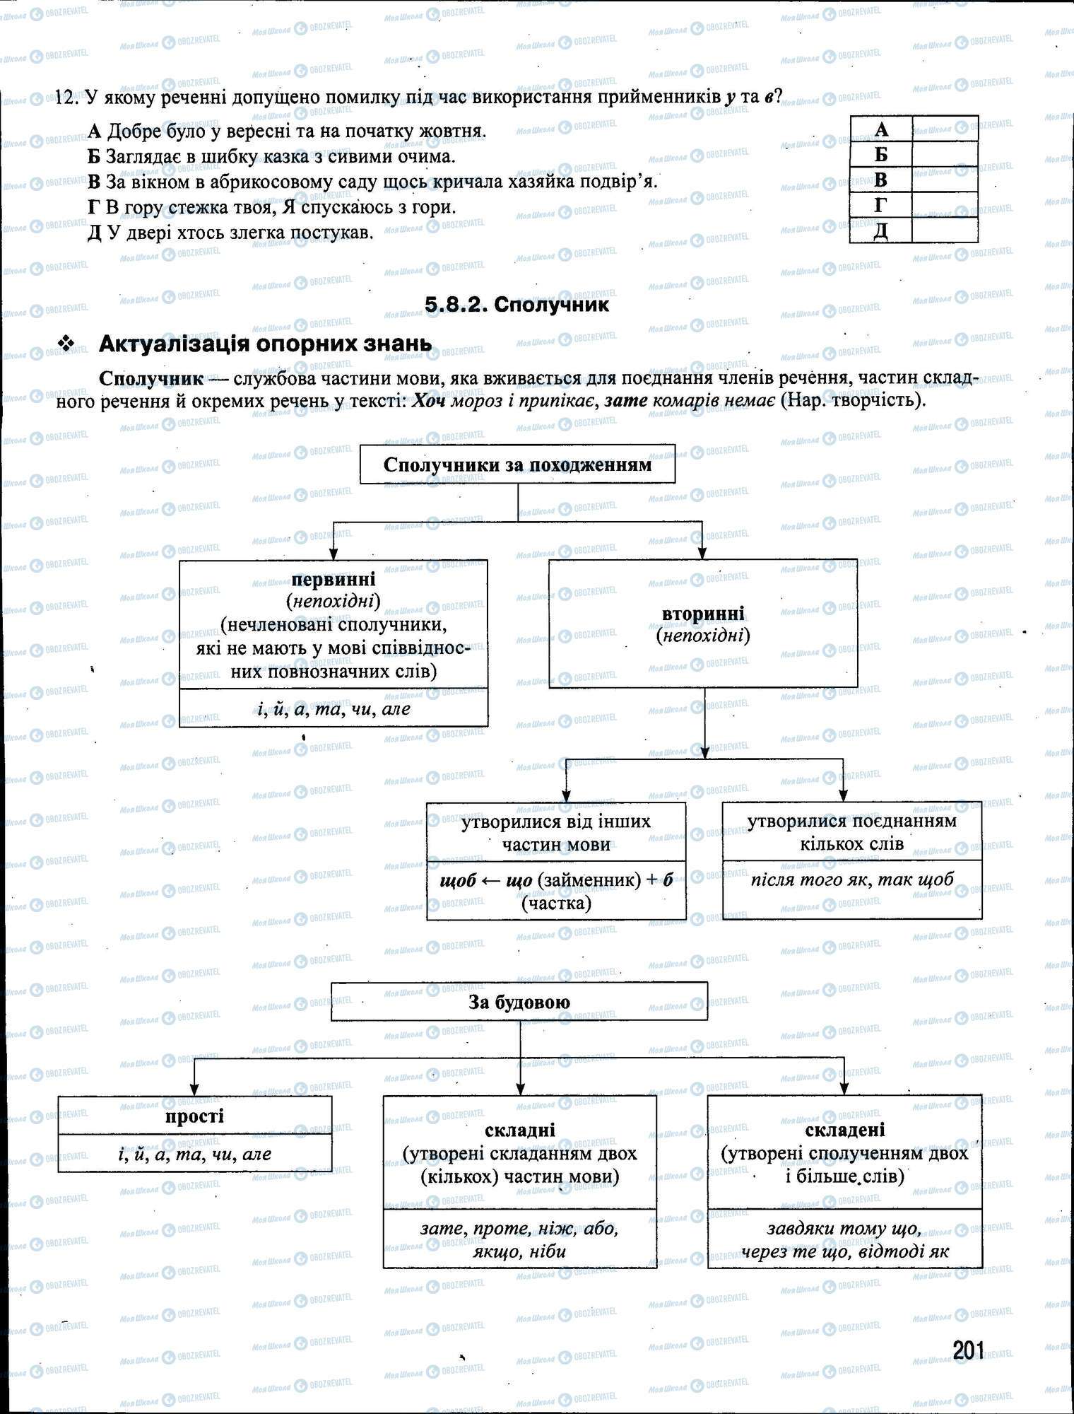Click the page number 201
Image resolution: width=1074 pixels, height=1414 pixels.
(967, 1350)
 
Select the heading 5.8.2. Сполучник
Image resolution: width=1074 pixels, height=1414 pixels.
(517, 305)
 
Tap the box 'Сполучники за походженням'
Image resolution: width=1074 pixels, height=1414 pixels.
(517, 464)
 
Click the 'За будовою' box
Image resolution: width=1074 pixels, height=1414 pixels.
(519, 1002)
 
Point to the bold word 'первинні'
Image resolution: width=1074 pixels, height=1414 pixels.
(334, 580)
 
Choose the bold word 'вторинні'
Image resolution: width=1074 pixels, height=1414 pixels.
(702, 613)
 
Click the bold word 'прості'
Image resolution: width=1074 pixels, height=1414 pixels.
(194, 1116)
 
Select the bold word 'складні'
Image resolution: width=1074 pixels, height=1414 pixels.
(519, 1130)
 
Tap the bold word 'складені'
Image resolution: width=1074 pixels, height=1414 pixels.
(844, 1130)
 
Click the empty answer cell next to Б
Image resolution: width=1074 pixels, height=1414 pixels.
(945, 154)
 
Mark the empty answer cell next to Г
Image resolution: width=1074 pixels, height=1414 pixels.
(945, 205)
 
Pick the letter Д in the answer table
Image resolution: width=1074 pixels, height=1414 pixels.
(880, 231)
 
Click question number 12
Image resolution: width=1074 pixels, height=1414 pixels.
(65, 98)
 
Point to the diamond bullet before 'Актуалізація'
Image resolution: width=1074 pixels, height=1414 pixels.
(67, 344)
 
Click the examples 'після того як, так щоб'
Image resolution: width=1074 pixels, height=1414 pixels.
(851, 880)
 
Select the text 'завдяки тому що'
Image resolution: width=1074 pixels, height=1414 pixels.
(844, 1229)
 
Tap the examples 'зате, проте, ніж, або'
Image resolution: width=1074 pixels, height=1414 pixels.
(519, 1229)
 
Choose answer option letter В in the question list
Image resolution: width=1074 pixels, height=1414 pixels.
(95, 182)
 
